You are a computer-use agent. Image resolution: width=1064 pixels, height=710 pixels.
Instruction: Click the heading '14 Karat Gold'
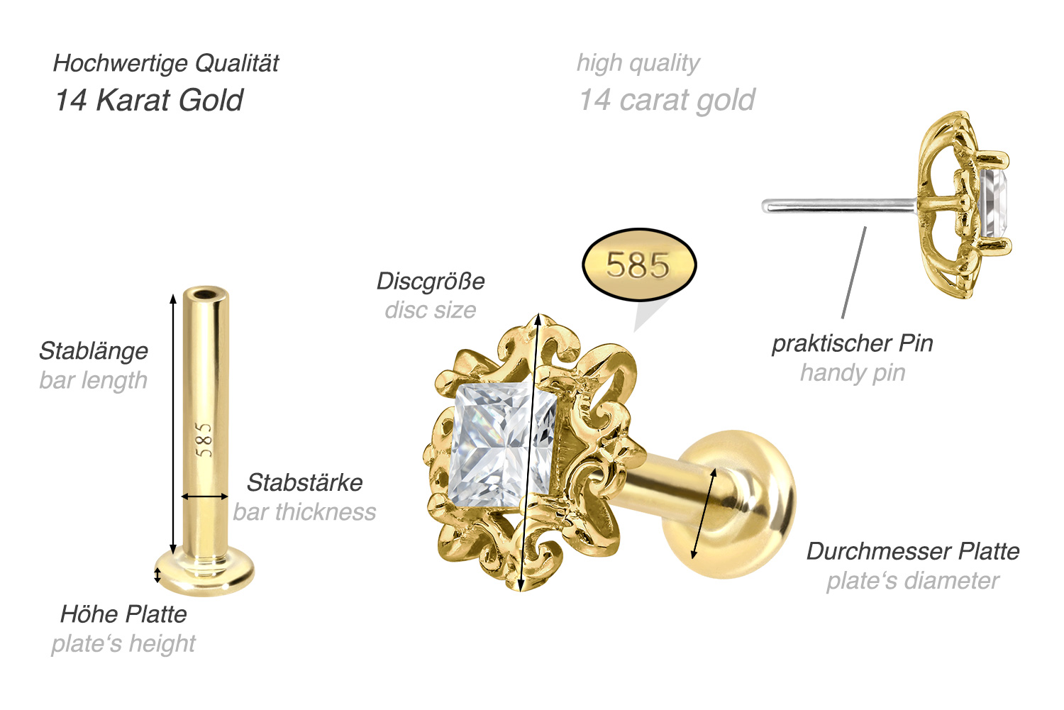click(x=149, y=100)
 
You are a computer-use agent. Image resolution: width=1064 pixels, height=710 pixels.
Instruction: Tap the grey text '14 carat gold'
click(x=667, y=100)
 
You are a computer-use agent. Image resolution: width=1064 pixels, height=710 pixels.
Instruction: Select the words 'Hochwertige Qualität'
click(x=166, y=63)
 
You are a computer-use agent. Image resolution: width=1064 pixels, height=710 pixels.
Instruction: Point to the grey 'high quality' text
click(x=638, y=63)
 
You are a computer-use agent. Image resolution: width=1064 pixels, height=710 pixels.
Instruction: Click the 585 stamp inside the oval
click(x=638, y=265)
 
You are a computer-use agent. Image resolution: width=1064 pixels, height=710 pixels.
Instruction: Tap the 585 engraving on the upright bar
click(x=204, y=440)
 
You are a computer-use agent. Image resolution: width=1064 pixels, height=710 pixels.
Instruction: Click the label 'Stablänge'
click(x=94, y=351)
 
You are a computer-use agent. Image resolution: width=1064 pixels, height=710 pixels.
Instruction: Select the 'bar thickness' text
click(x=304, y=512)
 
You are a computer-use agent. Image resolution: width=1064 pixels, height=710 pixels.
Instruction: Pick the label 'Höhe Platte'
click(x=123, y=614)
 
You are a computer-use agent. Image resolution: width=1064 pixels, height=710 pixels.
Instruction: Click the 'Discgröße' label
click(x=431, y=281)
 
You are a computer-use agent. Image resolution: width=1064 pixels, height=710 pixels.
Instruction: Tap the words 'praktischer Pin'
click(x=853, y=343)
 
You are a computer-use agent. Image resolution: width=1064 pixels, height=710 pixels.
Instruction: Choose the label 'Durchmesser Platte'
click(x=913, y=551)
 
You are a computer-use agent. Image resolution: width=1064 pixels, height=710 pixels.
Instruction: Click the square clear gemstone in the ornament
click(x=502, y=445)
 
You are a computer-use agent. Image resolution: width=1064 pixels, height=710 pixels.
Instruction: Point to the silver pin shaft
click(x=839, y=205)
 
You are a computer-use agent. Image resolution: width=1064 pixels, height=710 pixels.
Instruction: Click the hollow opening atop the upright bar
click(x=205, y=294)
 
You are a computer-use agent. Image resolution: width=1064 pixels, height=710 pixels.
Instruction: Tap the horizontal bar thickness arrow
click(x=205, y=497)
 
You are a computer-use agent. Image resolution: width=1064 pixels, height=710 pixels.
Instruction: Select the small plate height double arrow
click(x=157, y=575)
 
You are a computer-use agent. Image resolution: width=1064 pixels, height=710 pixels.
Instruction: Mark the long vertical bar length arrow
click(x=173, y=424)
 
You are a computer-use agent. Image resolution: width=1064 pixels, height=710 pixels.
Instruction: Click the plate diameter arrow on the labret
click(x=704, y=514)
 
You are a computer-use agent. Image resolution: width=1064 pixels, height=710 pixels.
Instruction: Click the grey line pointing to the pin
click(x=853, y=272)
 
